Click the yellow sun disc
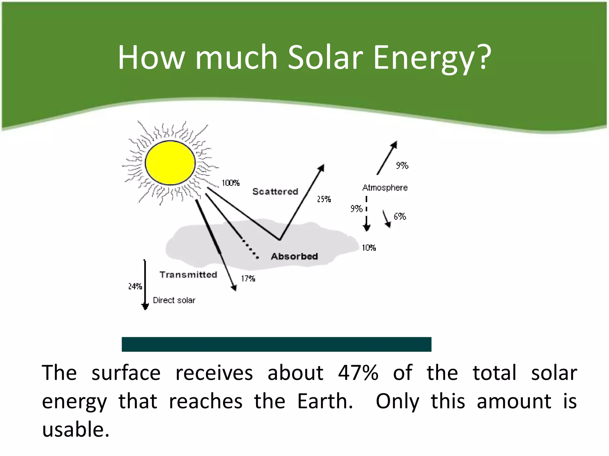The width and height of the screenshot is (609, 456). click(170, 163)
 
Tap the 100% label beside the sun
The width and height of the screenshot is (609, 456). click(230, 183)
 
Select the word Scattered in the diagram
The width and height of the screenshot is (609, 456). click(275, 192)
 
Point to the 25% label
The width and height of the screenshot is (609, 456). click(324, 199)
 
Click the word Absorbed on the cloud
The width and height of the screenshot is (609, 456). click(294, 256)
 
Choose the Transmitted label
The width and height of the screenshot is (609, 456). click(188, 275)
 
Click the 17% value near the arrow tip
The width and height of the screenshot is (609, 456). click(248, 279)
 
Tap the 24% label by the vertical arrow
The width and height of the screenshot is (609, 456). click(135, 286)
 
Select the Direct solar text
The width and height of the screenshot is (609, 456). click(174, 300)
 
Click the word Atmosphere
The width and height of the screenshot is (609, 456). click(385, 188)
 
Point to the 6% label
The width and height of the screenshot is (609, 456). click(400, 217)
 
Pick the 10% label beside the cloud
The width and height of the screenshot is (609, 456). click(369, 248)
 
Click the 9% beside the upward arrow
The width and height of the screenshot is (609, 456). click(402, 166)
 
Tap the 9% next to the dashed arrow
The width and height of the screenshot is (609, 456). click(356, 209)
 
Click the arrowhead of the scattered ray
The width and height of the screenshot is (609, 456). click(321, 168)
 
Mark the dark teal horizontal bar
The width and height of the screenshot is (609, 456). click(276, 344)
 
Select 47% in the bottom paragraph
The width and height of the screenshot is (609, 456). click(358, 373)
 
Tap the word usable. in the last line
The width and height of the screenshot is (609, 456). click(76, 430)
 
